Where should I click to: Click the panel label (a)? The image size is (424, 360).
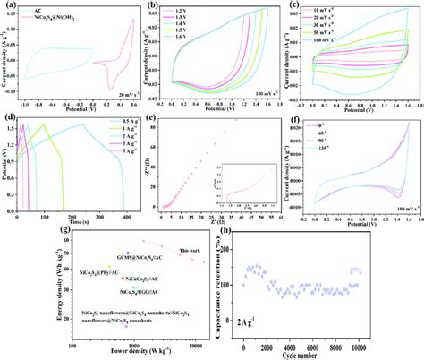pyautogui.click(x=7, y=5)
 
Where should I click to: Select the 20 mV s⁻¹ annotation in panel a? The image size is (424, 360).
pyautogui.click(x=119, y=92)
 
